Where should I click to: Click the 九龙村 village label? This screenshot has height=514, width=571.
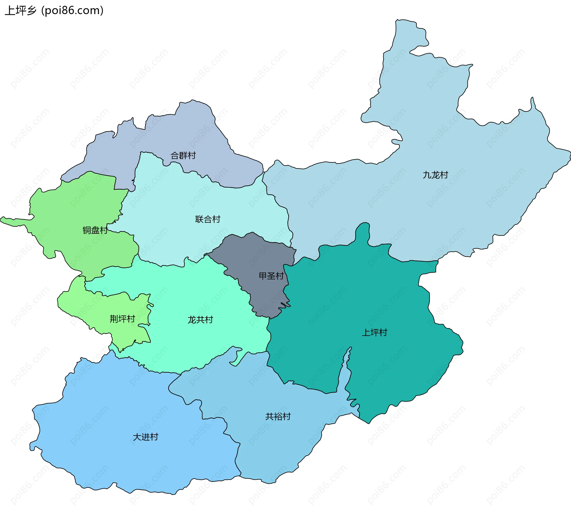[x=435, y=175]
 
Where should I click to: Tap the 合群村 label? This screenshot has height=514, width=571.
[x=183, y=155]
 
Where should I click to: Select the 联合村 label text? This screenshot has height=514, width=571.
[x=208, y=219]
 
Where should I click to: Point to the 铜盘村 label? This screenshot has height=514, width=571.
[x=95, y=230]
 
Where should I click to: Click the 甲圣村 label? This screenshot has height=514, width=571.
[x=271, y=276]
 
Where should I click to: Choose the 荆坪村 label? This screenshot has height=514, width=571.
[x=122, y=319]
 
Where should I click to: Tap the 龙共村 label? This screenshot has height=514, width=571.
[x=200, y=320]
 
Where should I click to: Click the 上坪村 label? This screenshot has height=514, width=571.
[x=374, y=333]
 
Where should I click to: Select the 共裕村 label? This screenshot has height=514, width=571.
[x=278, y=416]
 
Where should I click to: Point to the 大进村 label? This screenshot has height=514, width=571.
[x=145, y=437]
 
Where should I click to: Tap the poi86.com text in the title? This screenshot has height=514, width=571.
[x=72, y=11]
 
